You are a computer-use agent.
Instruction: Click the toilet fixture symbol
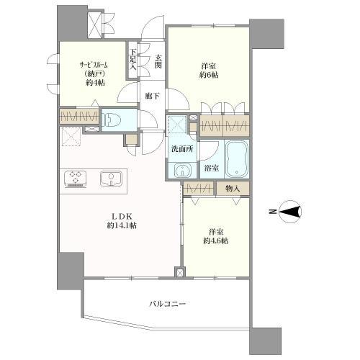(x=109, y=120)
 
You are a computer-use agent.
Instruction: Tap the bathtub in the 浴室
(x=236, y=159)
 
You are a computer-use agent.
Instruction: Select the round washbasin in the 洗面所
(x=182, y=171)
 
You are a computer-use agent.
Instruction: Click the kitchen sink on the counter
(x=111, y=178)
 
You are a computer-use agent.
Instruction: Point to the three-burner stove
(x=75, y=179)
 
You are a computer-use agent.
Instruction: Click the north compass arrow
(x=291, y=212)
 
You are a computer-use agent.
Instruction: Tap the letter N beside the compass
(x=272, y=212)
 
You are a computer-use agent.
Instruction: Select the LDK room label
(x=122, y=217)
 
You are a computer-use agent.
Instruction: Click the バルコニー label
(x=168, y=304)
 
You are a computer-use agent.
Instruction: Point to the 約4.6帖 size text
(x=216, y=240)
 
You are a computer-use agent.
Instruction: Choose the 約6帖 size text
(x=209, y=75)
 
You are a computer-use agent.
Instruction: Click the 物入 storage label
(x=233, y=189)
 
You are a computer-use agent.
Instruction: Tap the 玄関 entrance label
(x=158, y=61)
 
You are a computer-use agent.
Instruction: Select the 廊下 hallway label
(x=153, y=96)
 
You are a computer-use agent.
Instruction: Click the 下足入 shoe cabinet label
(x=133, y=60)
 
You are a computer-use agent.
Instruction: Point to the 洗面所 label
(x=182, y=149)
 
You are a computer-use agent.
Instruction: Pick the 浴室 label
(x=212, y=168)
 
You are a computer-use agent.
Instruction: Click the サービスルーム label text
(x=94, y=65)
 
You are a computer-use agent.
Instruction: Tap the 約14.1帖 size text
(x=122, y=225)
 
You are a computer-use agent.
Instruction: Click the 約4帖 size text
(x=95, y=83)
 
